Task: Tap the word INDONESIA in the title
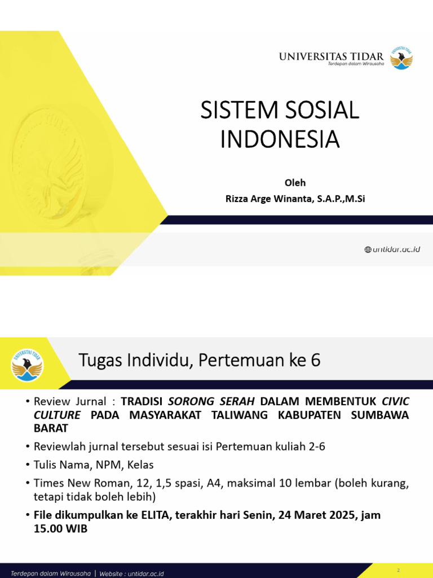(280, 139)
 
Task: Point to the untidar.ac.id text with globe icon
(392, 249)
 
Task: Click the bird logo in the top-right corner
(401, 58)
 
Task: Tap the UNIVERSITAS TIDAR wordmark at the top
(331, 56)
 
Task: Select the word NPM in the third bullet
(112, 465)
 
